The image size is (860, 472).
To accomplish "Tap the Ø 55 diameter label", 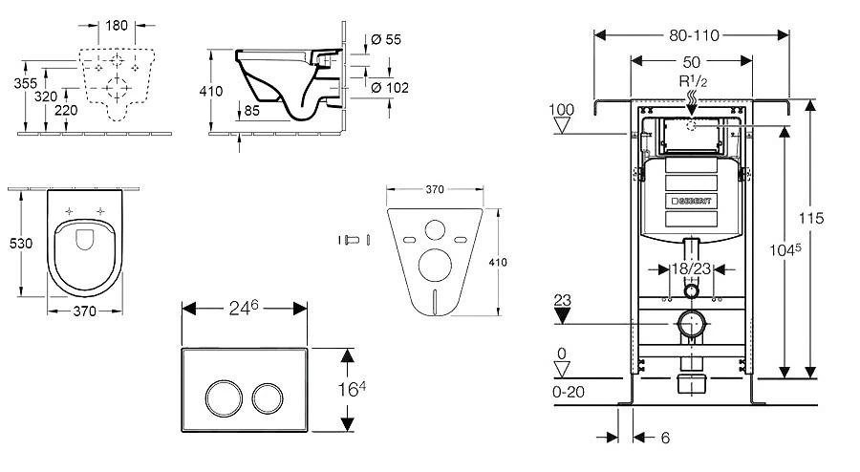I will click(x=386, y=38).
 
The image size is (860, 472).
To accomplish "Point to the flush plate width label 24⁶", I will click(x=244, y=310).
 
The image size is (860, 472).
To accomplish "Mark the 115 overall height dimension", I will click(x=812, y=218).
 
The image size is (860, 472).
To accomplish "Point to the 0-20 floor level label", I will click(x=570, y=393).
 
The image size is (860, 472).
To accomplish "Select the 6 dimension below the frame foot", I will click(x=664, y=439).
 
